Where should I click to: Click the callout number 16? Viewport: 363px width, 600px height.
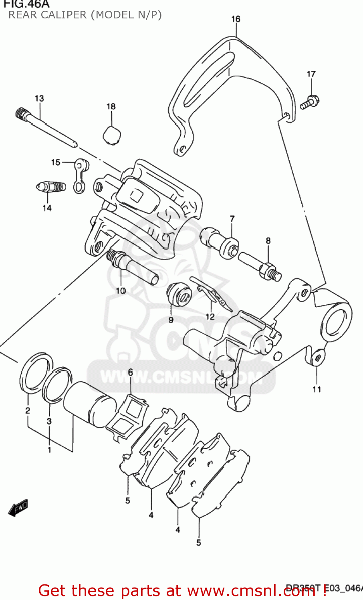[x=236, y=19]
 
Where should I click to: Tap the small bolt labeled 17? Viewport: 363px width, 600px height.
[x=309, y=102]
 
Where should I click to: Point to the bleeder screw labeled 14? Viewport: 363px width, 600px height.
[x=50, y=187]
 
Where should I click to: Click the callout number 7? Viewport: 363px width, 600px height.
[x=232, y=219]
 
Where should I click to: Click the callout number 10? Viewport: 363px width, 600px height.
[x=121, y=291]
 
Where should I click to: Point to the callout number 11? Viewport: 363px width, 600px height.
[x=317, y=389]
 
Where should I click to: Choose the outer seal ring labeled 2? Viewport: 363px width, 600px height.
[x=36, y=372]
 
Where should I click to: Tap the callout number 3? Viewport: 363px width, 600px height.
[x=49, y=421]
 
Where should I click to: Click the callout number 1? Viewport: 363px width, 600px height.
[x=49, y=450]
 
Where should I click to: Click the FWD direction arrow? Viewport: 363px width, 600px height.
[x=18, y=508]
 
